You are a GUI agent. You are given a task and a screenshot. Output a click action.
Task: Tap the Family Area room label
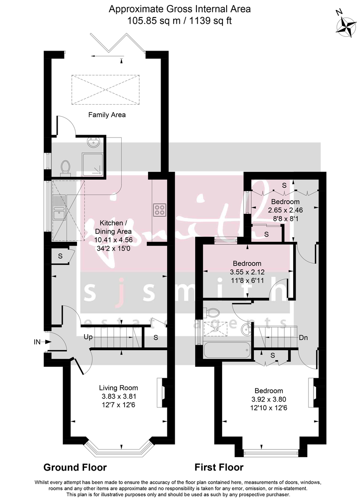point(107,115)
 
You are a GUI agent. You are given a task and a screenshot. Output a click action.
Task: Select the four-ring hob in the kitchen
point(159,209)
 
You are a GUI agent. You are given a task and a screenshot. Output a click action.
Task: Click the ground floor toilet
point(65,168)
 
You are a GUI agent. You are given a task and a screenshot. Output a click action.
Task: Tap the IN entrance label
point(37,342)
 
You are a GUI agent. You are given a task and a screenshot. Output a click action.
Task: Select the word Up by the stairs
point(88,337)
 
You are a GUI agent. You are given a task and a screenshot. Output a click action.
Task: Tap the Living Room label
point(118,388)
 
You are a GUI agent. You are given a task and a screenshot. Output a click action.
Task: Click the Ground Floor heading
point(75,467)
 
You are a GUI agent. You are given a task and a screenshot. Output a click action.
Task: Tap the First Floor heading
point(219,467)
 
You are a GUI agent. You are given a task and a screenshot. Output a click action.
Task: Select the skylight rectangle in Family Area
point(105,90)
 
